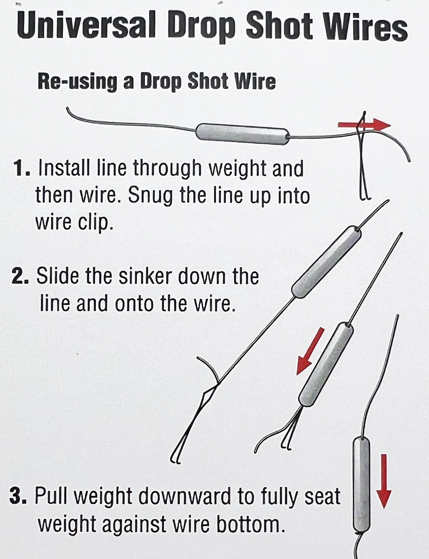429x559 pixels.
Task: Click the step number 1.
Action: (21, 169)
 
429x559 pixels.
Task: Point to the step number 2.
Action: (21, 277)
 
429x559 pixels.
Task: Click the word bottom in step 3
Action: (256, 525)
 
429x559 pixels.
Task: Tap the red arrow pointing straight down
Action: (384, 481)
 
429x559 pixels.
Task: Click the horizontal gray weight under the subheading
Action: (242, 133)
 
